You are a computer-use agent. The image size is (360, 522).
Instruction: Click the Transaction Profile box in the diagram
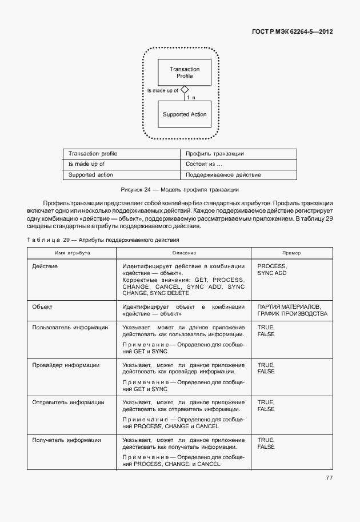pyautogui.click(x=185, y=73)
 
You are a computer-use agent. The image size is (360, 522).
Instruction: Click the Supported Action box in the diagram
pyautogui.click(x=185, y=114)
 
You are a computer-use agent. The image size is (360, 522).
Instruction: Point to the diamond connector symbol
pyautogui.click(x=184, y=90)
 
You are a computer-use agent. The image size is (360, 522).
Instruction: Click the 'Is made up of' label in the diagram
pyautogui.click(x=163, y=90)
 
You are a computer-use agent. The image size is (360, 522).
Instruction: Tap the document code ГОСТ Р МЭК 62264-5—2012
pyautogui.click(x=292, y=31)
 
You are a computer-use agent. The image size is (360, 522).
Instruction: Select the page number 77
pyautogui.click(x=329, y=477)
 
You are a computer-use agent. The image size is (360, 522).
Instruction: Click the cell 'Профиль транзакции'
pyautogui.click(x=215, y=154)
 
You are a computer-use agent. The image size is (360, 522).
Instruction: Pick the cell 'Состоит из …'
pyautogui.click(x=203, y=164)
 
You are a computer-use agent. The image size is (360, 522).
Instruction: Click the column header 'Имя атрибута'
pyautogui.click(x=72, y=253)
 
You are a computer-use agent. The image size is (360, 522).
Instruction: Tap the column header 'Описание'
pyautogui.click(x=184, y=253)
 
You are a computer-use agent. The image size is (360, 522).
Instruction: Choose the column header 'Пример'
pyautogui.click(x=291, y=253)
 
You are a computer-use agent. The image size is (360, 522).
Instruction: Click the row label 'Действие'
pyautogui.click(x=45, y=266)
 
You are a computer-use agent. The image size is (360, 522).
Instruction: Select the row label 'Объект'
pyautogui.click(x=43, y=307)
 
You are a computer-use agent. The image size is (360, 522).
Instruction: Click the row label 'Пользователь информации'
pyautogui.click(x=70, y=328)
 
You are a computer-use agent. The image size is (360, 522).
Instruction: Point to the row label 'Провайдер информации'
pyautogui.click(x=66, y=365)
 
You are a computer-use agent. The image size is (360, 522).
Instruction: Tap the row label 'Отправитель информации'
pyautogui.click(x=68, y=403)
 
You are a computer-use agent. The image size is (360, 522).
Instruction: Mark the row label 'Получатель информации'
pyautogui.click(x=67, y=440)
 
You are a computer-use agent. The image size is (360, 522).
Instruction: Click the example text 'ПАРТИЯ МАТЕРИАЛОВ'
pyautogui.click(x=289, y=307)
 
